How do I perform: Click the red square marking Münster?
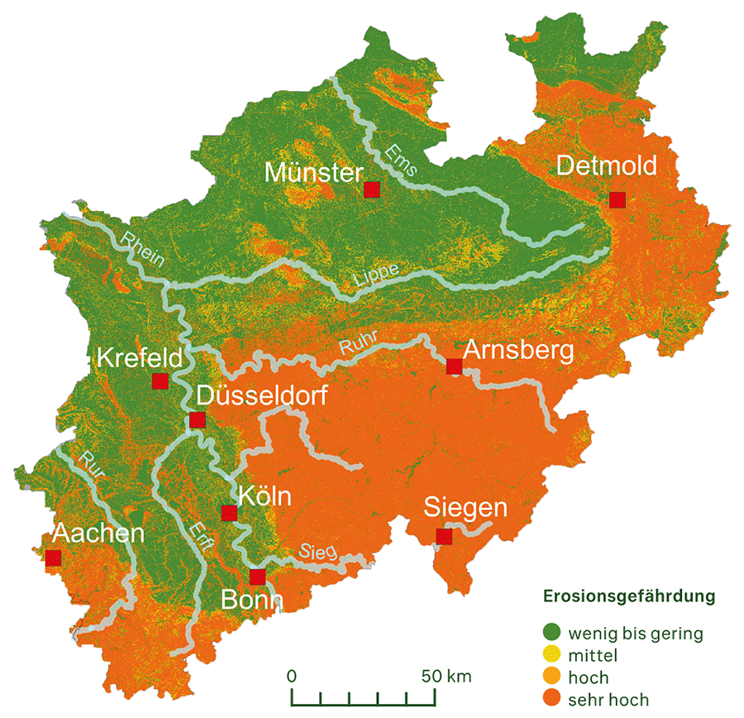coord(372,189)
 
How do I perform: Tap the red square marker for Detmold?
coord(617,199)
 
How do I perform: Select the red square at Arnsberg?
coord(454,366)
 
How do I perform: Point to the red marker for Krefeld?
coord(160,381)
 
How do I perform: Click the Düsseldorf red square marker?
coord(197,420)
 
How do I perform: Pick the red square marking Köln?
coord(229,513)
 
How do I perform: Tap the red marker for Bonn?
coord(257,577)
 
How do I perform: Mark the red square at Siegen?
coord(444,537)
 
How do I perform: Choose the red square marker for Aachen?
coord(54,558)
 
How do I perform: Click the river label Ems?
coord(402,158)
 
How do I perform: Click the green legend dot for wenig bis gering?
coord(552,634)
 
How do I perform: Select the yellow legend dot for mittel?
coord(552,656)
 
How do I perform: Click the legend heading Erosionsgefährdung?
coord(628,596)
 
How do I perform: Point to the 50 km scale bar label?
coord(446,676)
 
